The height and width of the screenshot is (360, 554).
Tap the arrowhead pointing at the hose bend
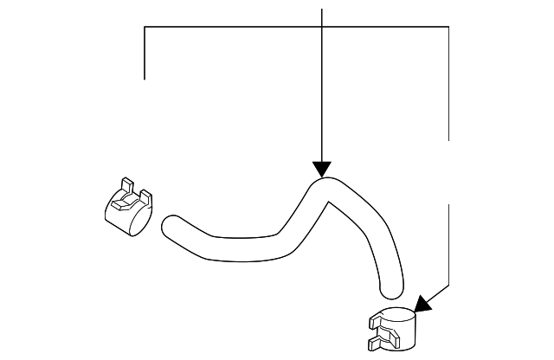coord(322,169)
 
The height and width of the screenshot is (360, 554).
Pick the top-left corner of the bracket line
coord(145,28)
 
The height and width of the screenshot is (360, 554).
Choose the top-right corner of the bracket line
coord(449,28)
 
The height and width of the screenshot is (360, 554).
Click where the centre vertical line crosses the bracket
coord(322,28)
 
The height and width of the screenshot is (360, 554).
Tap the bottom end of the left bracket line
coord(145,79)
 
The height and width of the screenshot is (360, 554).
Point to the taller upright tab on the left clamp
coord(126,185)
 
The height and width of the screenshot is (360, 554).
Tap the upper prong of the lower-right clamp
coord(374,325)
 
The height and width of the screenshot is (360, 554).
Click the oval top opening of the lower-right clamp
coord(396,316)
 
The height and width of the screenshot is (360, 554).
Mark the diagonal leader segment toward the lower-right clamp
coord(437,292)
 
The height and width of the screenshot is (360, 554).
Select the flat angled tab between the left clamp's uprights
coord(132,200)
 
